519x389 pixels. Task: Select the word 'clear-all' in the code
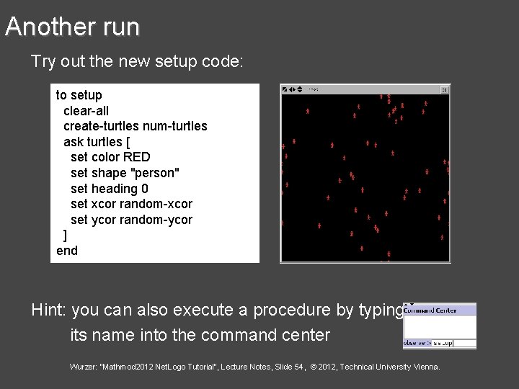(86, 110)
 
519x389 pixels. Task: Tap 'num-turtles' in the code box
(175, 126)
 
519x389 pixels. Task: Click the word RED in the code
(137, 157)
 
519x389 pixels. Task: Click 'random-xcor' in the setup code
(156, 204)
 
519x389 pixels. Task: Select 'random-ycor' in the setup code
(156, 220)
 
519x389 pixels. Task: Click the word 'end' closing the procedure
(67, 251)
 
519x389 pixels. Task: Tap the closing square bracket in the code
(66, 236)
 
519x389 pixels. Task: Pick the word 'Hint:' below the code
(49, 310)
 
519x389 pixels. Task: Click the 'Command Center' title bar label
(430, 310)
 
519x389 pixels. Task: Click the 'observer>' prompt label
(417, 344)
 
